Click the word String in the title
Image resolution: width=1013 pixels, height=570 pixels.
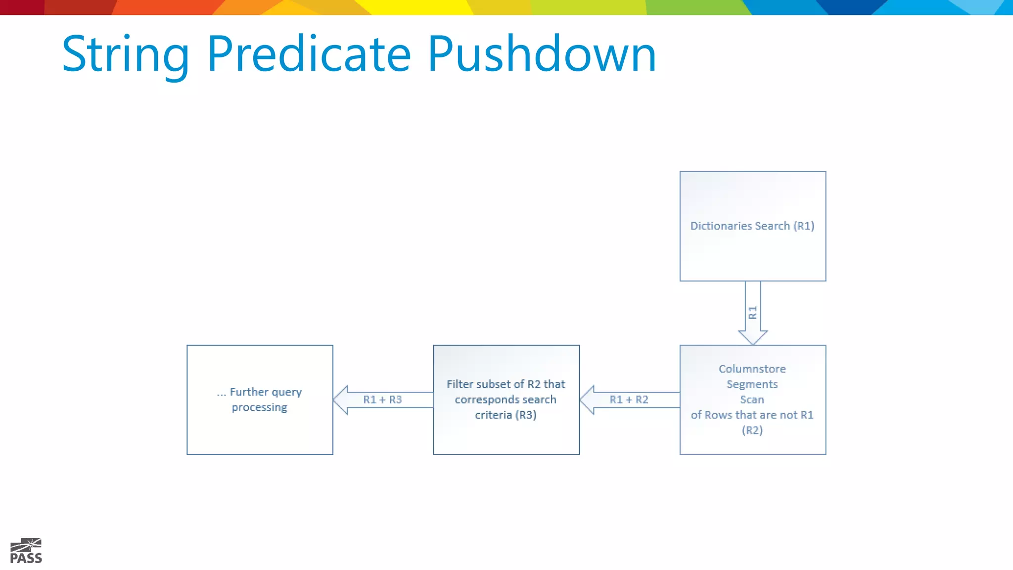(126, 54)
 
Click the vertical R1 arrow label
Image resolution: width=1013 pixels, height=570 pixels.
(753, 313)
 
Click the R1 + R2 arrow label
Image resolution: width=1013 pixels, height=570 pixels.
(629, 400)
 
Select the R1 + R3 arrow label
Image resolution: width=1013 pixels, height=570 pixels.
(382, 400)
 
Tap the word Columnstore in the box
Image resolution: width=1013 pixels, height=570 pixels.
(752, 369)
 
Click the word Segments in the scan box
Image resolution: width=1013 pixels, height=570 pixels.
(752, 384)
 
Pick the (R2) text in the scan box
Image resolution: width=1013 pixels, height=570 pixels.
(752, 430)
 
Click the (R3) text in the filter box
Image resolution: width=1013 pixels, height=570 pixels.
(526, 415)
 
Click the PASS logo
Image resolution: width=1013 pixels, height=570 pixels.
(26, 551)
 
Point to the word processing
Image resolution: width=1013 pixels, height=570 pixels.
(259, 408)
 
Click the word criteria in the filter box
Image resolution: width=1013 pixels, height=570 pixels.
(493, 415)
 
